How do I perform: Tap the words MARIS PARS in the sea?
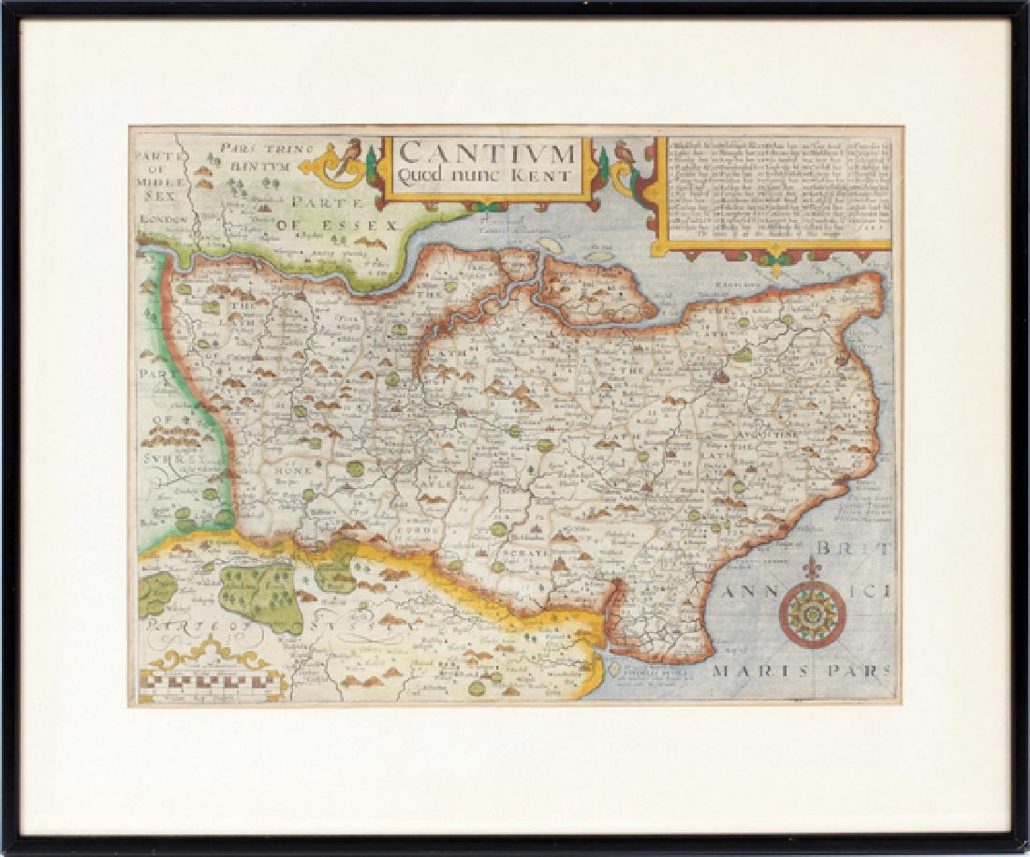802,671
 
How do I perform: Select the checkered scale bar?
212,686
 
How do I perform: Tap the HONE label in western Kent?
292,471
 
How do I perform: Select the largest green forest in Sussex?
259,596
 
